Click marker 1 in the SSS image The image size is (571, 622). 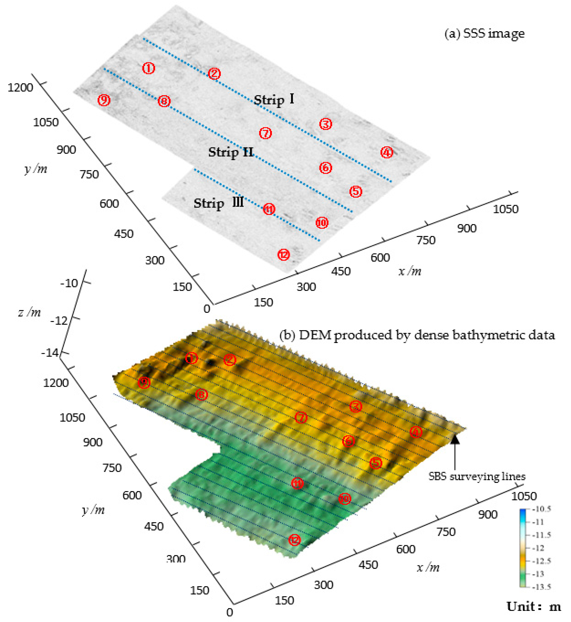[x=149, y=68]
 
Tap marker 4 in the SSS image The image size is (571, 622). [x=387, y=152]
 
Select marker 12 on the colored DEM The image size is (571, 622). [x=294, y=540]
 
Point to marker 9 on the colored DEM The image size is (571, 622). [x=144, y=382]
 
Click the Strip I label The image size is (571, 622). [x=274, y=100]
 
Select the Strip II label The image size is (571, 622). [x=231, y=152]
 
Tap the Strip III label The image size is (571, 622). [x=218, y=203]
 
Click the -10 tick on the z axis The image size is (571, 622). [x=69, y=283]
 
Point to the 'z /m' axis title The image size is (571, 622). [x=29, y=313]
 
